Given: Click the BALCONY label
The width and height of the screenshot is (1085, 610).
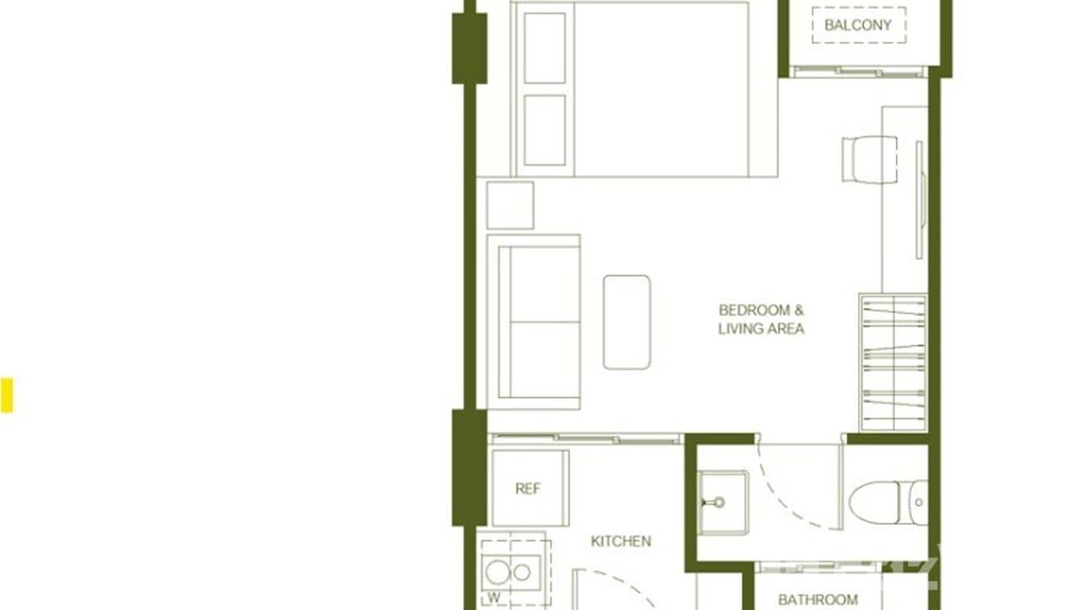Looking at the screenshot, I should [x=858, y=25].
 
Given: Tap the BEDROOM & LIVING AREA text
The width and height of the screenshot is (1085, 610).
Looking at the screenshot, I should [x=761, y=320].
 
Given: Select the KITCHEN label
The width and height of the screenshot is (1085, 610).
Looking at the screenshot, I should [x=621, y=541].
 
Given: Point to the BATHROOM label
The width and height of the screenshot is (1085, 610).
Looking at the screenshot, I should [x=817, y=599].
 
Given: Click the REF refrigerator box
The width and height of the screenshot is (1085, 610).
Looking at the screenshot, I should [x=529, y=489].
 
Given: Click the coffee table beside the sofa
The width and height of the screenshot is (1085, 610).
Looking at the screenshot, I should [x=627, y=322].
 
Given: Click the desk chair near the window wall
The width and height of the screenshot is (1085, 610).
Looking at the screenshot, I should [x=869, y=159].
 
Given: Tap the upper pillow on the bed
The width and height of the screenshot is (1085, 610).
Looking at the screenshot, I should [x=545, y=48].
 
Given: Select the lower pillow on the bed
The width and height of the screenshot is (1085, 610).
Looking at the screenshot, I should [x=545, y=130].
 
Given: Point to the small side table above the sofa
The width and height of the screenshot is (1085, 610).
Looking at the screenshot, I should [x=510, y=205].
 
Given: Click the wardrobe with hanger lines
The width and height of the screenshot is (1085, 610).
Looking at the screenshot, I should [x=893, y=362].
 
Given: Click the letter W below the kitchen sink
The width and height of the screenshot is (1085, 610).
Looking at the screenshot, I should [x=493, y=599].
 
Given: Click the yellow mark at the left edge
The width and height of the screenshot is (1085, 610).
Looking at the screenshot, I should [x=6, y=396].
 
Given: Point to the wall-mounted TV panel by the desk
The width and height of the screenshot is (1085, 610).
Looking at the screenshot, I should [x=919, y=200].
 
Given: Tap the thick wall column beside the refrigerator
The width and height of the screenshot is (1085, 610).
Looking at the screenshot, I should [x=469, y=468].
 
